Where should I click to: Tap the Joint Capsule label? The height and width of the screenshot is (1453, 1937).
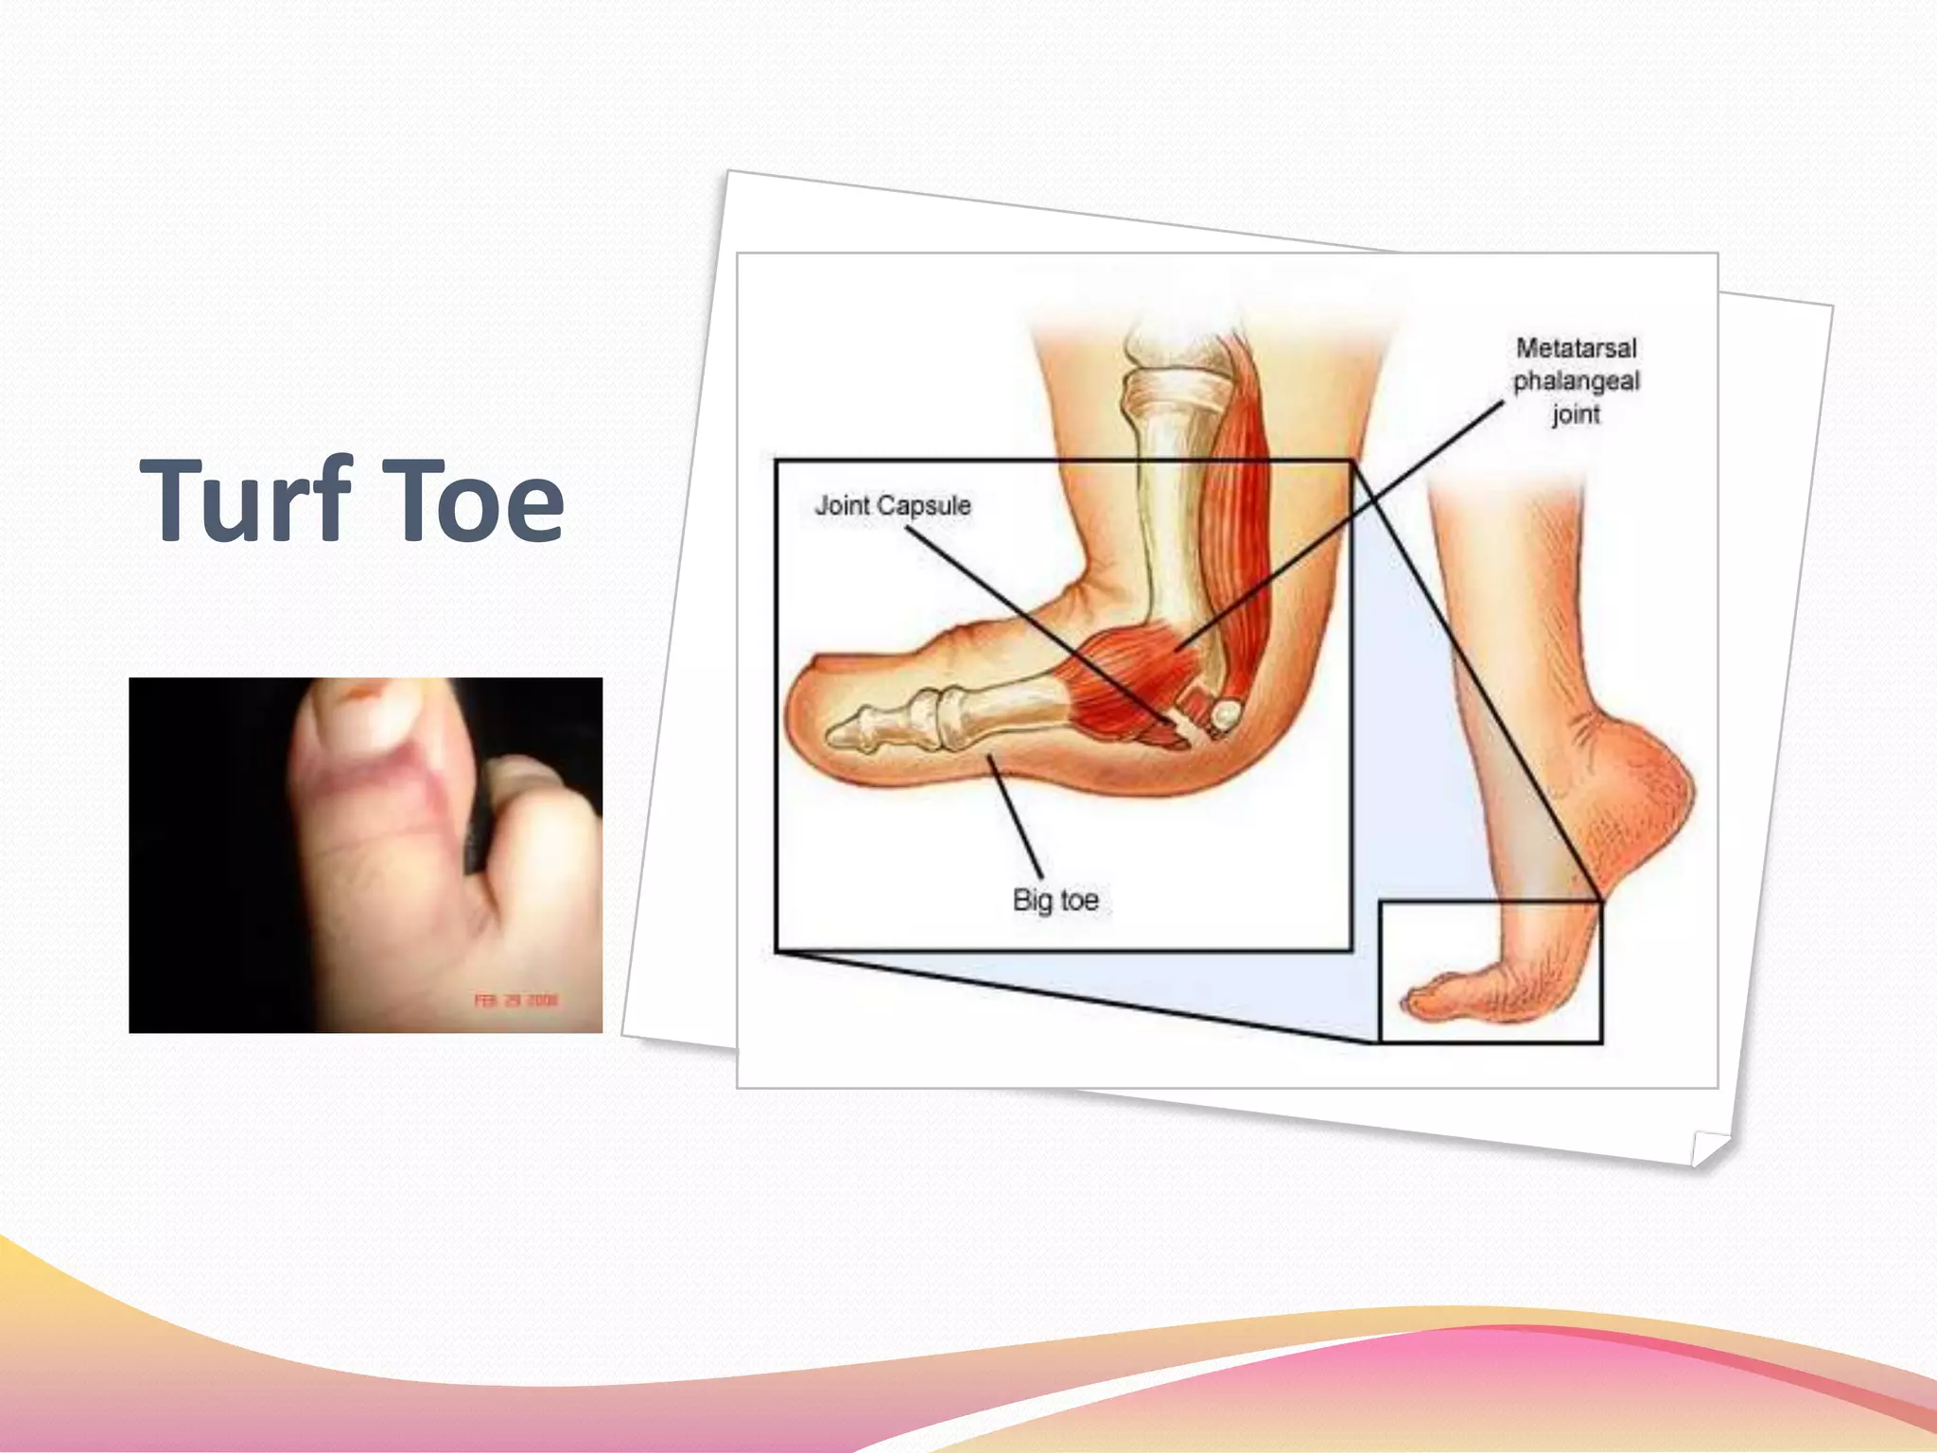tap(893, 505)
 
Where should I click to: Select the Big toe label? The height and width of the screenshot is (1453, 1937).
tap(1056, 900)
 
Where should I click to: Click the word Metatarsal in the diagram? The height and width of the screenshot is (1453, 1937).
tap(1576, 348)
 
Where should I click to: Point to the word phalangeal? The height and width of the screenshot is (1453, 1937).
tap(1576, 381)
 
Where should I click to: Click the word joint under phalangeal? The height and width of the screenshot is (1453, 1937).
tap(1576, 414)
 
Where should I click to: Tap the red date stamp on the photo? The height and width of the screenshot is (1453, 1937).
tap(516, 1000)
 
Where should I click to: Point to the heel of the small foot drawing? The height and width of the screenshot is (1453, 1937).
tap(1665, 785)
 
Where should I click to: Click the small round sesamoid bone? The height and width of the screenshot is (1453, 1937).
tap(1225, 713)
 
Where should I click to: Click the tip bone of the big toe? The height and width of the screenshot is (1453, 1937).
tap(849, 728)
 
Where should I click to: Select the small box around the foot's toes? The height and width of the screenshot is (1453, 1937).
tap(1491, 972)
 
